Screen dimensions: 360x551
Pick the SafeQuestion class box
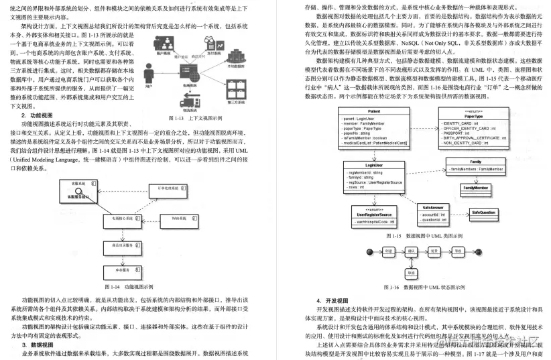pyautogui.click(x=483, y=212)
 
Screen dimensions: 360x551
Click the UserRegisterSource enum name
pyautogui.click(x=375, y=214)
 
